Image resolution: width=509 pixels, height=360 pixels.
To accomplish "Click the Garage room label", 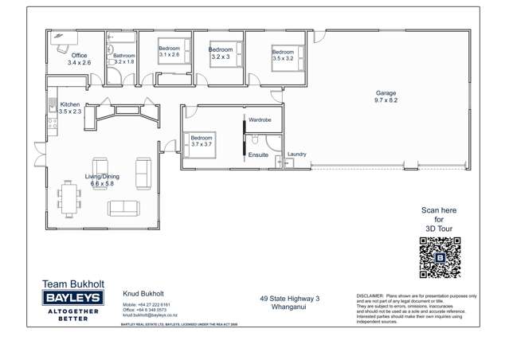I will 386,93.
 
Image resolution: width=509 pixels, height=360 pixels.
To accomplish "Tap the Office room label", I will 80,55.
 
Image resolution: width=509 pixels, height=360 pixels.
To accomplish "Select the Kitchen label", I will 70,104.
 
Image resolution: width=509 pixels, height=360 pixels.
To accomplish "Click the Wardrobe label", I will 260,119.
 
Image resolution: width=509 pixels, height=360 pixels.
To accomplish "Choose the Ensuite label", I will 258,155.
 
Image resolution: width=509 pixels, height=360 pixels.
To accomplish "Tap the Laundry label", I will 296,155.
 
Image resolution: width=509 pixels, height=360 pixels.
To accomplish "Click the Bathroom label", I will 123,56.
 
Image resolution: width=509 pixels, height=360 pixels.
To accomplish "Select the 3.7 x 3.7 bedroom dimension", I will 202,144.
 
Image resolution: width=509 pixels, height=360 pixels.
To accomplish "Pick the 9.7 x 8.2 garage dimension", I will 386,100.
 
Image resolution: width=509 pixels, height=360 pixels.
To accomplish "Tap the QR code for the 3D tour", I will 440,257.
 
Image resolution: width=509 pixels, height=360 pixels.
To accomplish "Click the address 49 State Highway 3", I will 289,299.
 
